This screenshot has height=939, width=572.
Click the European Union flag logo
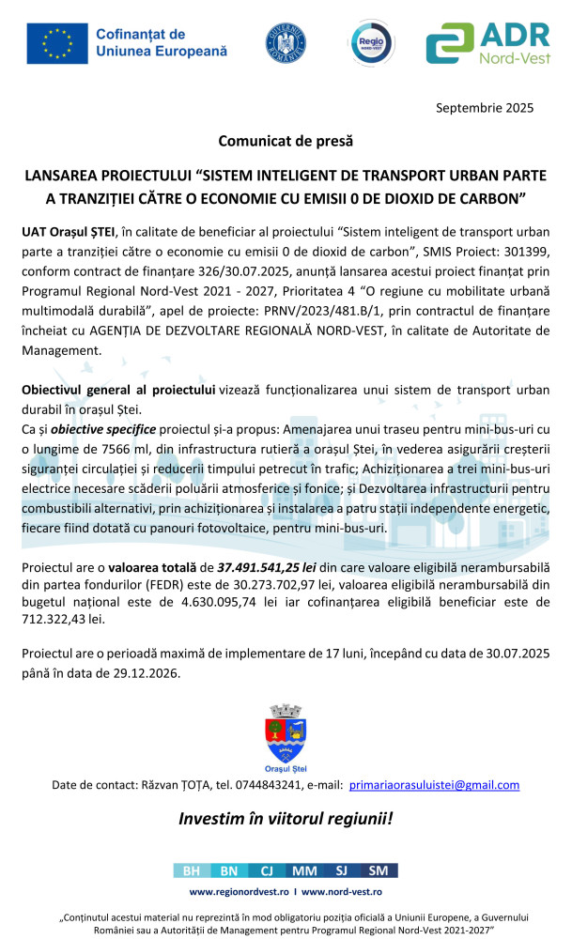(x=57, y=43)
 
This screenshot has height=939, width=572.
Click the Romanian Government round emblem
(x=286, y=43)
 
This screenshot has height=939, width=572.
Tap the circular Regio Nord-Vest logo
(x=370, y=43)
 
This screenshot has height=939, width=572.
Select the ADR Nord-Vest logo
(x=487, y=43)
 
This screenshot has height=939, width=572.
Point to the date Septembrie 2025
(x=484, y=107)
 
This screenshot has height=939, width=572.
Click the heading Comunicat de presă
(x=286, y=142)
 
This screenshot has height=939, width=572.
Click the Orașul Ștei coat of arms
(x=286, y=731)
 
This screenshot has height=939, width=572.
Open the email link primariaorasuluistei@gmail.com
(x=434, y=784)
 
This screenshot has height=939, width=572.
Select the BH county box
(x=192, y=870)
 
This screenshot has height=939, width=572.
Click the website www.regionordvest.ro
(x=239, y=890)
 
